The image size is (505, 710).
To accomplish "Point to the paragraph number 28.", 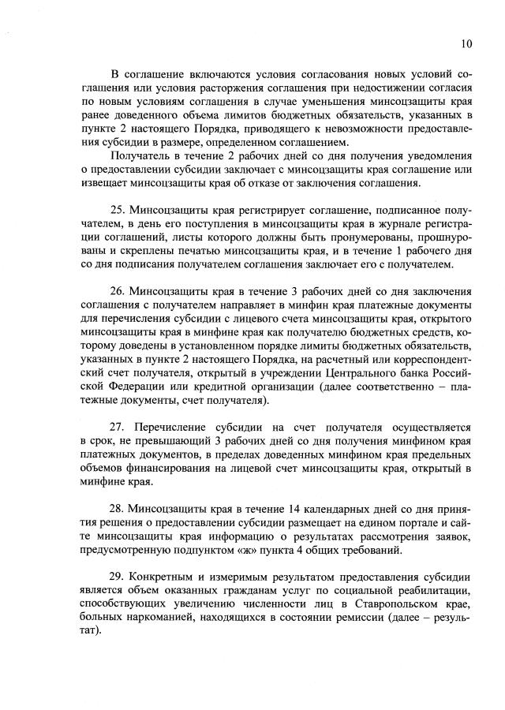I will coord(118,509).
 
